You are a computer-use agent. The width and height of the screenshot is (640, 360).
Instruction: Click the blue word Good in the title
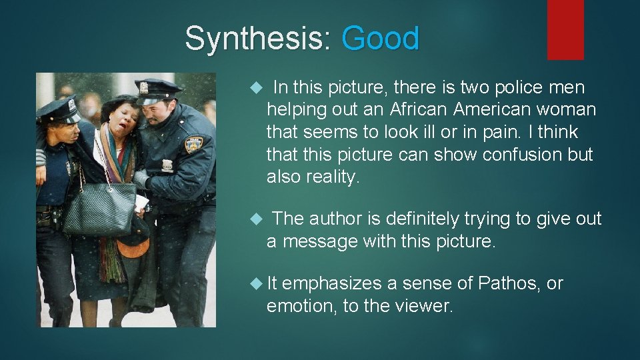(x=380, y=38)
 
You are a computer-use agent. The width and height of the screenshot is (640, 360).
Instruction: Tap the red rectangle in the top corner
(x=565, y=29)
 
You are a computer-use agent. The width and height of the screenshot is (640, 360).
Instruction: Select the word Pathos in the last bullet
(x=509, y=283)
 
